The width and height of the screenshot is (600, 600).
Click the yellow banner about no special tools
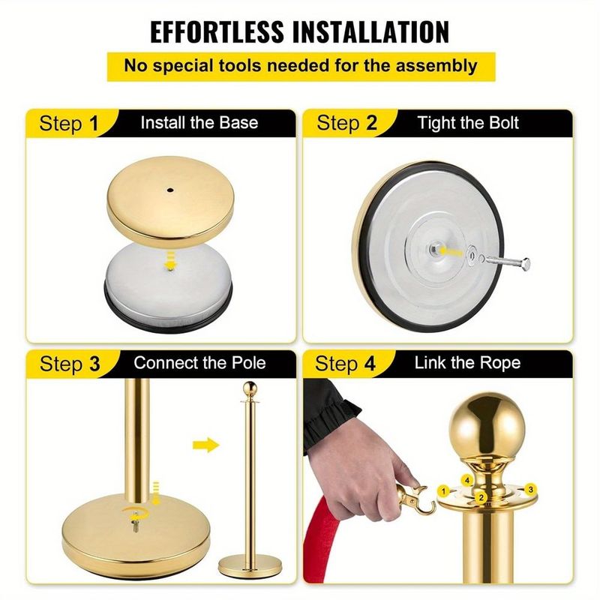tap(300, 65)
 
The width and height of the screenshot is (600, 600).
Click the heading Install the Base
tap(199, 122)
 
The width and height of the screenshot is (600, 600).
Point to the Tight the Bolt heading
tap(468, 122)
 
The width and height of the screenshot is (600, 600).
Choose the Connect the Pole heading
tap(199, 364)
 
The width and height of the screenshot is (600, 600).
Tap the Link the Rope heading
tap(467, 364)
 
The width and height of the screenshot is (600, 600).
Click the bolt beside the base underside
tap(506, 262)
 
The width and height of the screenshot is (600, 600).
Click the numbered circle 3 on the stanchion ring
tap(530, 489)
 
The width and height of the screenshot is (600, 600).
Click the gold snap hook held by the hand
tap(415, 499)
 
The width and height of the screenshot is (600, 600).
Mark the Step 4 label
tap(346, 364)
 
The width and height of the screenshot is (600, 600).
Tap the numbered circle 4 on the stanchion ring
tap(466, 478)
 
